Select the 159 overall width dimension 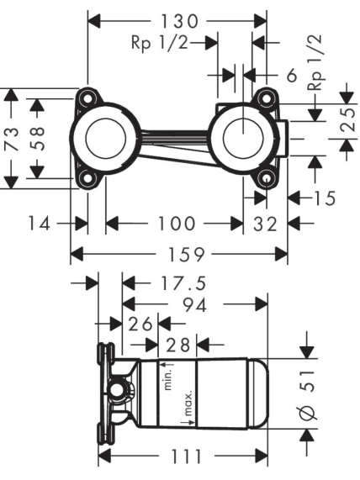point(187,254)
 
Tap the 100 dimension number point(177,224)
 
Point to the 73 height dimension point(12,139)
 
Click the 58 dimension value point(37,139)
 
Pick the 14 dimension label point(39,223)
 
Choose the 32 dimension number point(265,224)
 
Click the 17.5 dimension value point(183,283)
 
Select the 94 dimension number point(194,304)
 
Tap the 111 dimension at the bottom point(186,456)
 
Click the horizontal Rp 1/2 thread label point(159,43)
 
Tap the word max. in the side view point(188,403)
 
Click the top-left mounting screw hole point(87,99)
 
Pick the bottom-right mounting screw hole point(266,178)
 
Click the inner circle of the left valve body point(106,139)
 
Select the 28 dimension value point(178,345)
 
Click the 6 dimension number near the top point(292,75)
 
